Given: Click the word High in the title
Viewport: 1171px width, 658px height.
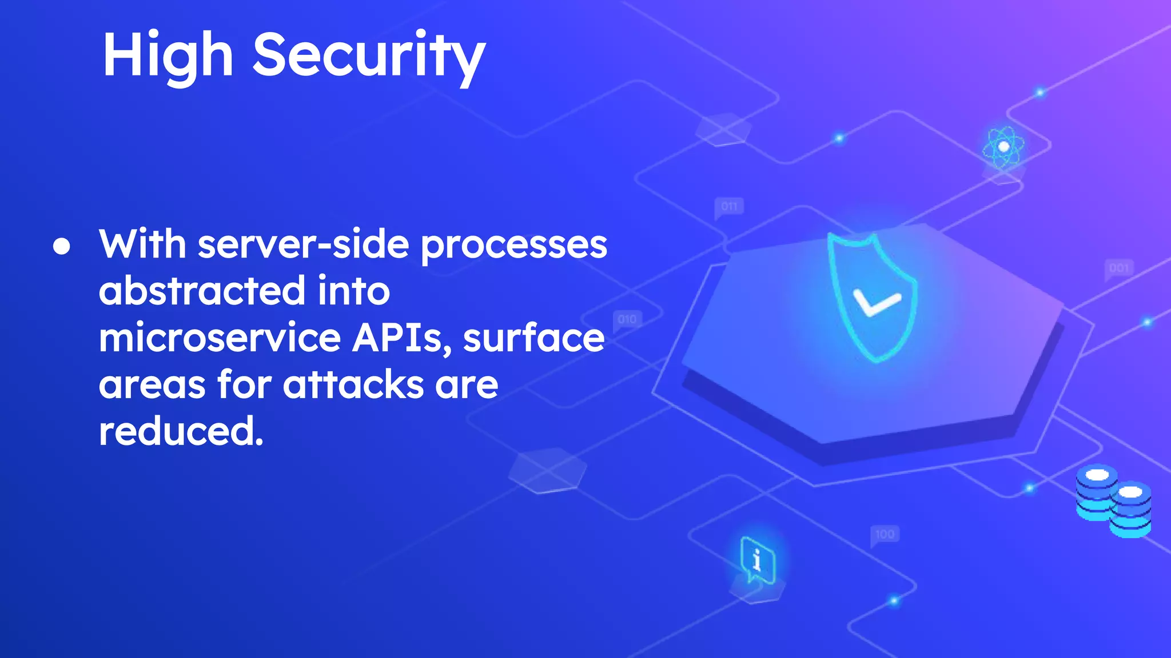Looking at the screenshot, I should [x=168, y=56].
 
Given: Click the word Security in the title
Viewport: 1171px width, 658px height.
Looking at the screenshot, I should [x=369, y=56].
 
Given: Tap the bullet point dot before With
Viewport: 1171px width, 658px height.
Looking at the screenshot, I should [x=62, y=246].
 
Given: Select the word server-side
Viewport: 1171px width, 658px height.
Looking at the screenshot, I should [x=303, y=244].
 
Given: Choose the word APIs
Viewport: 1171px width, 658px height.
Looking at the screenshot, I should [x=399, y=338].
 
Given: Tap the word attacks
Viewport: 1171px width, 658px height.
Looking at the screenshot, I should [x=353, y=384].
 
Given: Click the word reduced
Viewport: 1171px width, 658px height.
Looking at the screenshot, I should [x=181, y=431].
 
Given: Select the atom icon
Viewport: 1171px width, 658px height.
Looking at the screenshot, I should [x=1003, y=147].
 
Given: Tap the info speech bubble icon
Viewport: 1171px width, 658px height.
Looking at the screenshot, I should [x=757, y=559].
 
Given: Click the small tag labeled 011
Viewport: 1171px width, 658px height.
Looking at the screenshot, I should [x=729, y=206].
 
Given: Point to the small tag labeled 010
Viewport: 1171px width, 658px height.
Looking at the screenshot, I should [x=627, y=319].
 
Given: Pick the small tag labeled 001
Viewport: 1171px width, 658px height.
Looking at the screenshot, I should [x=1119, y=268].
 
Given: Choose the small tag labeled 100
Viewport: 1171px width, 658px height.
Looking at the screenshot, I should [x=885, y=534].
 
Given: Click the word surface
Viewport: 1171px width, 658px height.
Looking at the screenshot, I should [x=533, y=338].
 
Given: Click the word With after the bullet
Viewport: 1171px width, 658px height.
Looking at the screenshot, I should [x=143, y=244].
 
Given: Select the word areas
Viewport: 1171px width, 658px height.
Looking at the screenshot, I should [x=152, y=384].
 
